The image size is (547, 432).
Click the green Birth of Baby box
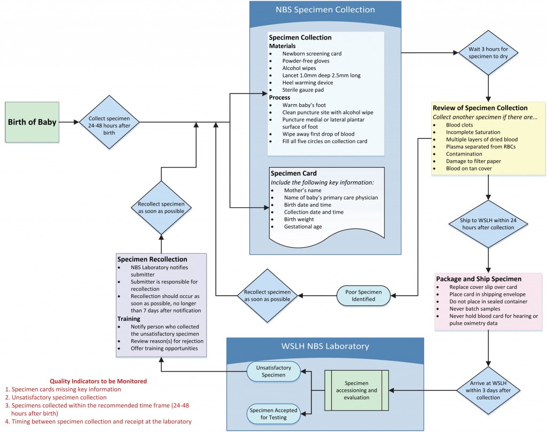(x=33, y=122)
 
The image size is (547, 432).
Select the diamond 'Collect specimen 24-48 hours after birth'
(x=109, y=122)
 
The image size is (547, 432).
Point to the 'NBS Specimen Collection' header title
(x=325, y=10)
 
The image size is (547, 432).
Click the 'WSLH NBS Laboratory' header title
(x=325, y=346)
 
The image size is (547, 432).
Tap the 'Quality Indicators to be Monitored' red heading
(x=98, y=381)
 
